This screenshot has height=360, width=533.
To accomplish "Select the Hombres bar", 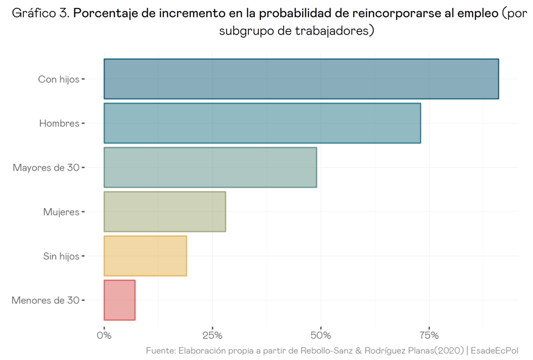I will click(262, 123).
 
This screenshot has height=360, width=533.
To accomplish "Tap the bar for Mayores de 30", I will click(210, 167).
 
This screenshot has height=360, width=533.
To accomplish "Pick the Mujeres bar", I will click(165, 211).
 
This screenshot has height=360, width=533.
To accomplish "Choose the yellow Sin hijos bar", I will click(145, 256).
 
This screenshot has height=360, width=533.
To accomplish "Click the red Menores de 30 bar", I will click(119, 300).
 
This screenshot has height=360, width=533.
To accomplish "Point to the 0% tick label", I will click(104, 336).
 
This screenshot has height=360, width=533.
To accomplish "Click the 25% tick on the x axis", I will click(212, 336).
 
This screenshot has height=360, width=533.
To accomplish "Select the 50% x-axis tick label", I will click(321, 336).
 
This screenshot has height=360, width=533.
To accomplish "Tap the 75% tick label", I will click(429, 336).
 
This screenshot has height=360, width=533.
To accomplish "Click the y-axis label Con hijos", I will click(58, 79).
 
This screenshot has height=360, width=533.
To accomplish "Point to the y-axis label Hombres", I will click(59, 124).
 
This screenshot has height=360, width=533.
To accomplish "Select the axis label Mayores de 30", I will click(46, 168).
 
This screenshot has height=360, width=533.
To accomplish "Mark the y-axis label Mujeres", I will click(61, 212).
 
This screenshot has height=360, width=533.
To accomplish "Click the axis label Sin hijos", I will click(61, 256).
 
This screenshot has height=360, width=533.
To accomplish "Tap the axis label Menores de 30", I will click(45, 300).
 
